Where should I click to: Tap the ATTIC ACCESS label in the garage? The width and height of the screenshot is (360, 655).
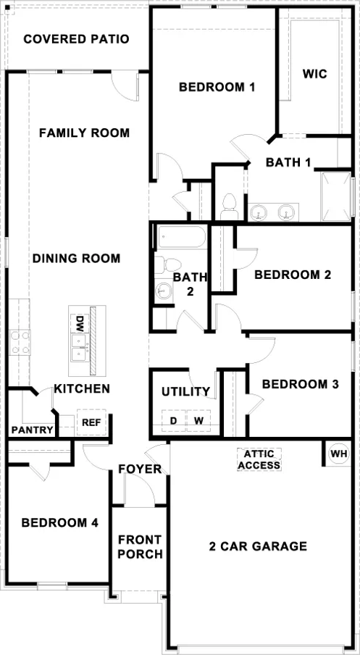point(259,459)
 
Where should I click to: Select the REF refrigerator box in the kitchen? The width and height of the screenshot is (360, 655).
point(91,422)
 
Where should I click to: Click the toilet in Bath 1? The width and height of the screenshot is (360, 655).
point(230,206)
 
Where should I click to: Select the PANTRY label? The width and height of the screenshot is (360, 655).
point(33,430)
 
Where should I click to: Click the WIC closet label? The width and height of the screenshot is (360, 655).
point(316,73)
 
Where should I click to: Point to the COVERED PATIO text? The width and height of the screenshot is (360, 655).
point(76,38)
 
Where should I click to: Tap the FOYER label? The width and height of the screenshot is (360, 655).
point(140,469)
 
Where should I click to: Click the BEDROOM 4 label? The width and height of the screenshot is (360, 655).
point(59,522)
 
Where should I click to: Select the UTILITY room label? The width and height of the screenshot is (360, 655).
point(185,391)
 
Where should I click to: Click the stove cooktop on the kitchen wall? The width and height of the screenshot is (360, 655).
point(20,342)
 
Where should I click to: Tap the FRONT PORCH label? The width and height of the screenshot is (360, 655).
point(140,547)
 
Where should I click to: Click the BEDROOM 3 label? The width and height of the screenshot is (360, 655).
point(300,384)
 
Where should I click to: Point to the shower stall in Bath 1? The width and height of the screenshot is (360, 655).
point(336,196)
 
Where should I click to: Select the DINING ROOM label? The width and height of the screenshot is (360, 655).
point(76,259)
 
